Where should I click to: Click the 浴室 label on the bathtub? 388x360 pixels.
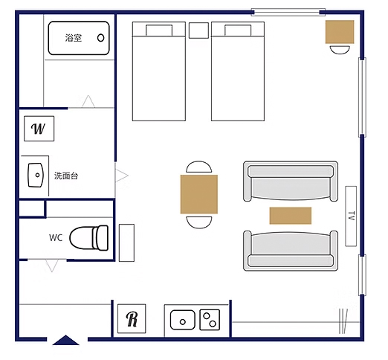[74, 38]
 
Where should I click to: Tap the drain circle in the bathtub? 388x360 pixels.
[100, 38]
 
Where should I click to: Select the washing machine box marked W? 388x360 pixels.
[39, 129]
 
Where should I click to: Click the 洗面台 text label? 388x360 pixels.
[66, 176]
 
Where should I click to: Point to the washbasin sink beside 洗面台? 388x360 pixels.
[36, 175]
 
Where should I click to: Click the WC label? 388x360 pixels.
[56, 238]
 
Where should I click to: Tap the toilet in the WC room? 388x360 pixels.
[88, 238]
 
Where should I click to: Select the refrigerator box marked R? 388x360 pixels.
[132, 319]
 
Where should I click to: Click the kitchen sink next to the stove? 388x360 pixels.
[183, 320]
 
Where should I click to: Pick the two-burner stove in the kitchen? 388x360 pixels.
[210, 320]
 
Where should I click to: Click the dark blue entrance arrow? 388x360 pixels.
[65, 340]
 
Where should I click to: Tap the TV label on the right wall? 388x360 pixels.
[352, 216]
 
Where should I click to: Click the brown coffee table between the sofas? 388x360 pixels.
[291, 216]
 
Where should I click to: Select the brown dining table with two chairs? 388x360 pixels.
[199, 194]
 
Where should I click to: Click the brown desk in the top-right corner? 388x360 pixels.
[340, 32]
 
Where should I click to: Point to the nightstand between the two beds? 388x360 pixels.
[198, 30]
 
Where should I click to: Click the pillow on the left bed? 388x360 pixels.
[159, 30]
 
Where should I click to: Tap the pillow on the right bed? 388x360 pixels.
[238, 30]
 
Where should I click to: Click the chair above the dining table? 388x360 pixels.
[199, 167]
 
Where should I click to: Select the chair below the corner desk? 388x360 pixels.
[340, 50]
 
